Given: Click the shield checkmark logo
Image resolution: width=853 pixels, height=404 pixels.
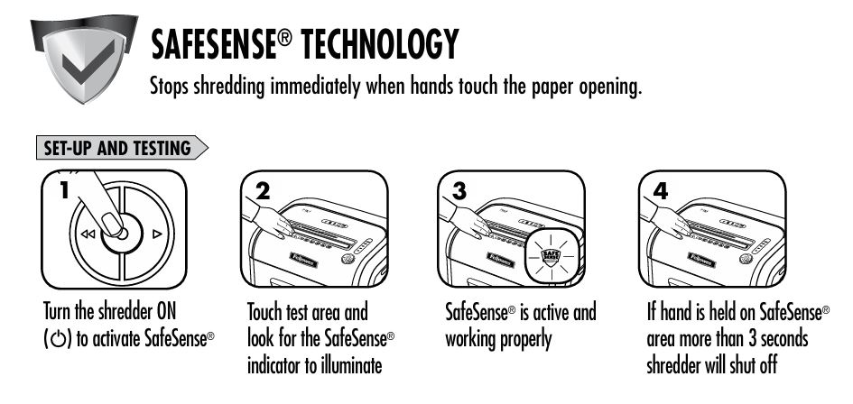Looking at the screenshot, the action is [84, 59].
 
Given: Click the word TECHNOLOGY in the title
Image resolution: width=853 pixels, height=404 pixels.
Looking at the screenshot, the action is [380, 44].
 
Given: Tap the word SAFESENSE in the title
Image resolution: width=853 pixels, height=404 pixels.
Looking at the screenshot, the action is [214, 44].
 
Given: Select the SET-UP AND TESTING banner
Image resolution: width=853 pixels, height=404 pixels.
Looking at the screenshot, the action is [122, 148].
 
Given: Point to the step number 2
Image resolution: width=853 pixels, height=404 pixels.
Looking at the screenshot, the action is [262, 191].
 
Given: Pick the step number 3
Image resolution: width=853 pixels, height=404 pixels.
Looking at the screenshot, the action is [459, 191].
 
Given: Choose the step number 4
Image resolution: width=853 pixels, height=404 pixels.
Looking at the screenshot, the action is [661, 191].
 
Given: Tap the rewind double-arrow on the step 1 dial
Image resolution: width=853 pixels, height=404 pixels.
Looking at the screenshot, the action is [87, 234].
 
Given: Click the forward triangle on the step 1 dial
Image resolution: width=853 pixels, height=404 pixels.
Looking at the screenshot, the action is [157, 234].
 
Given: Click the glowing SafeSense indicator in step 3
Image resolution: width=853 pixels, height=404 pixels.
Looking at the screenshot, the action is [552, 255].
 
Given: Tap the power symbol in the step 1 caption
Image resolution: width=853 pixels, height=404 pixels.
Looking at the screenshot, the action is [57, 339].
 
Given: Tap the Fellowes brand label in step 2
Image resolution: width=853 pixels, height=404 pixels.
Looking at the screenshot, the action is [303, 260].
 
